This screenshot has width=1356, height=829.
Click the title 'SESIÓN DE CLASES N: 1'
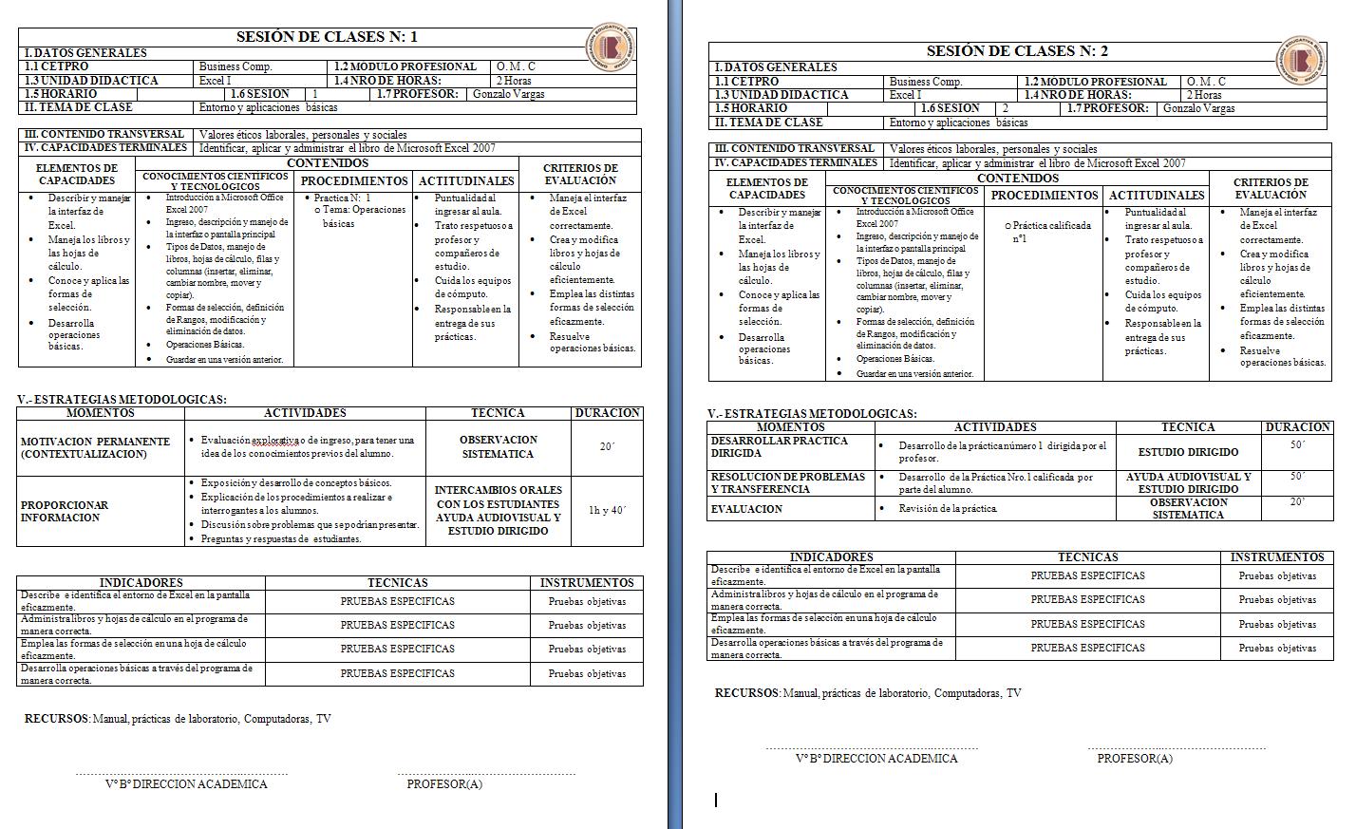click(327, 37)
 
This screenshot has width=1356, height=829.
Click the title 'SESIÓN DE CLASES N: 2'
click(1017, 51)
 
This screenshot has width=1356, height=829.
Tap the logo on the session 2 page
click(1300, 60)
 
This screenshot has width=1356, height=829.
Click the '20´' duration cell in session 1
click(607, 446)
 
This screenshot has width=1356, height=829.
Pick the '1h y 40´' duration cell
click(607, 511)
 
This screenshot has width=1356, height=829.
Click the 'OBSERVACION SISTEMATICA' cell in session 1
click(498, 447)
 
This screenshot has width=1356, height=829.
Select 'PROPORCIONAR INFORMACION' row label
click(65, 511)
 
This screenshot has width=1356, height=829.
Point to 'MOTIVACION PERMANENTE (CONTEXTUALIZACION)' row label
click(95, 447)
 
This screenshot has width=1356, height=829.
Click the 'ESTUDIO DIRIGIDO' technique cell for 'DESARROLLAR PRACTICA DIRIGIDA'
click(1188, 452)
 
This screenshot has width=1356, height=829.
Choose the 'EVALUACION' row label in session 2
click(747, 509)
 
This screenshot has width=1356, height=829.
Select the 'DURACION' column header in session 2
click(1297, 427)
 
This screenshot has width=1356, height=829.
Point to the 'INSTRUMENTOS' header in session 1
click(587, 583)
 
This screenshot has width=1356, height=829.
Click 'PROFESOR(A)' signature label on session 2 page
click(1134, 759)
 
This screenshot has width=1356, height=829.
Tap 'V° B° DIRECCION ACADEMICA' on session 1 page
click(186, 784)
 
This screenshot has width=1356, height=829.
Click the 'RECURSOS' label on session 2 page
click(746, 693)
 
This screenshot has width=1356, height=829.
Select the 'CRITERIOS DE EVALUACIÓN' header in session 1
click(580, 175)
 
